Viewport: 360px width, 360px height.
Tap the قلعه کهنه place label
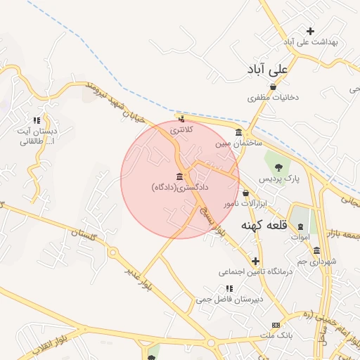click(262, 226)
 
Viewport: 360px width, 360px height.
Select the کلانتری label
click(180, 130)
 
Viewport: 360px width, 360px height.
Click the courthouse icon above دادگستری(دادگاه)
click(181, 176)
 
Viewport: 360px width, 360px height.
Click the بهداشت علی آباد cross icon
click(310, 30)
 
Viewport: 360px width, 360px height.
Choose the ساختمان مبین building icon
click(240, 133)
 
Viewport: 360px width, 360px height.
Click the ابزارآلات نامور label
click(240, 203)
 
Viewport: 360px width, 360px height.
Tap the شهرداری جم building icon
click(316, 250)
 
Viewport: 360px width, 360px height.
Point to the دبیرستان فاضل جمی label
click(229, 298)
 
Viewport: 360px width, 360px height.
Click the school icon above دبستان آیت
click(36, 120)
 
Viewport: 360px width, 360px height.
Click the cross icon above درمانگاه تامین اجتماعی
click(255, 261)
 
